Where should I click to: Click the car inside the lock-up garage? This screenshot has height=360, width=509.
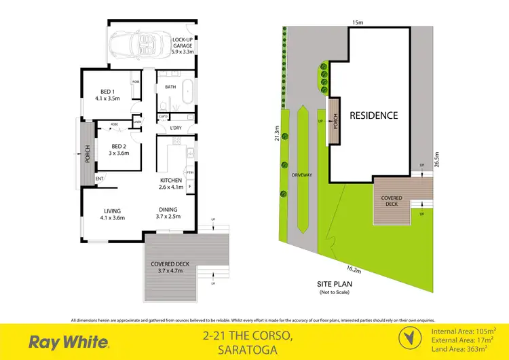point(136,46)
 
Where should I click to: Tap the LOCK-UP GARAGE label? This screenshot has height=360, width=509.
point(183,46)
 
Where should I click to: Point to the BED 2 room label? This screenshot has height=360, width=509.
point(119,149)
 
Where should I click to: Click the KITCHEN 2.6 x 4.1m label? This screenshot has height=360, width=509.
point(170,183)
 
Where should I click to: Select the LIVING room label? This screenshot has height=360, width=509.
point(112,214)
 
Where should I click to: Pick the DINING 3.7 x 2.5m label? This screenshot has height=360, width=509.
point(168,213)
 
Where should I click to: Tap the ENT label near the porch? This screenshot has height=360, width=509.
point(100,179)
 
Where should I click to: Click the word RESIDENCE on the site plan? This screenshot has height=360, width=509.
point(374,115)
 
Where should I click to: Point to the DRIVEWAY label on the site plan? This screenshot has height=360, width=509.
point(302,175)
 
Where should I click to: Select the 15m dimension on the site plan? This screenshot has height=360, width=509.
point(357,22)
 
